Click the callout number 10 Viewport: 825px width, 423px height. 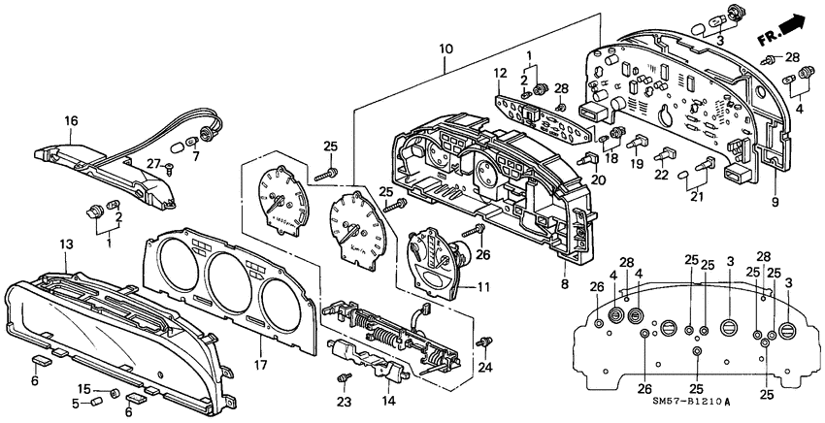445,48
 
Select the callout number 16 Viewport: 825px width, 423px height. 71,121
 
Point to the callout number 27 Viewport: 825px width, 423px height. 152,164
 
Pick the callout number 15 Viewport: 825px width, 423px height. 84,388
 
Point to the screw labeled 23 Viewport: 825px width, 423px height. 343,377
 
